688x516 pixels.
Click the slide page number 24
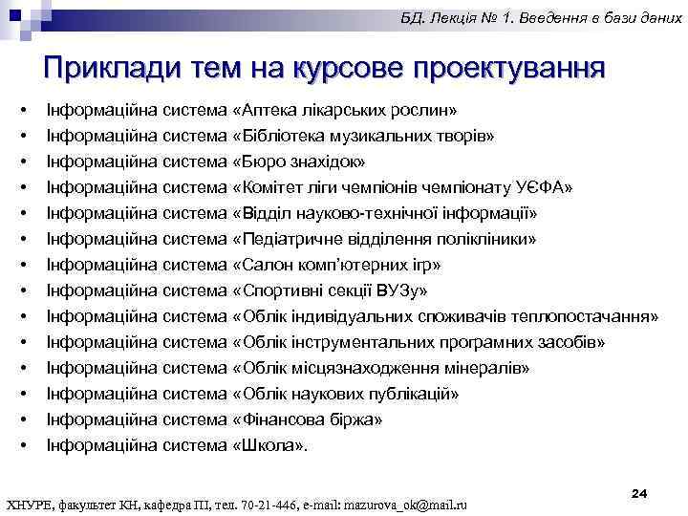click(x=640, y=492)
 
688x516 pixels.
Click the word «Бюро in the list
click(x=257, y=161)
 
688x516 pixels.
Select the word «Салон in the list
click(x=263, y=264)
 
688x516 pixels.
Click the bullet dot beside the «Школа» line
click(x=22, y=445)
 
